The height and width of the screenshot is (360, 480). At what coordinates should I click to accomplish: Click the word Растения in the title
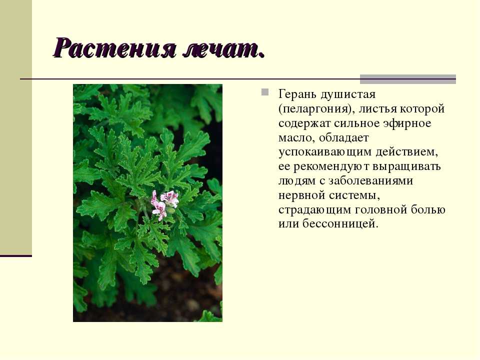(x=115, y=48)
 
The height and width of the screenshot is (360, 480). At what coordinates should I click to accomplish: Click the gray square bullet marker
(x=265, y=92)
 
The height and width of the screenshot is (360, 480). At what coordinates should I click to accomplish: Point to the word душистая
(x=348, y=94)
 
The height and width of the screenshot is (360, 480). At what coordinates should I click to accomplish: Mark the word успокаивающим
(x=325, y=152)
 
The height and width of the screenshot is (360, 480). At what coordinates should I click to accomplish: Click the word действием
(x=406, y=152)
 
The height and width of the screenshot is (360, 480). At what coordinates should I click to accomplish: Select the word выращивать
(x=406, y=167)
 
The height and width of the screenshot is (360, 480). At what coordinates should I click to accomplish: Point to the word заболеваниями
(x=370, y=181)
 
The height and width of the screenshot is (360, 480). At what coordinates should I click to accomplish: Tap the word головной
(x=381, y=210)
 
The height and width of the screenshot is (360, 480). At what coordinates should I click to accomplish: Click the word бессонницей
(x=340, y=224)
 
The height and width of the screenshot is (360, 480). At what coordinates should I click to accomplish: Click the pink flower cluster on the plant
(x=164, y=203)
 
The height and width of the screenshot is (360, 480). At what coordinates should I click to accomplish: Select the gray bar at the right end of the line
(x=408, y=79)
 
